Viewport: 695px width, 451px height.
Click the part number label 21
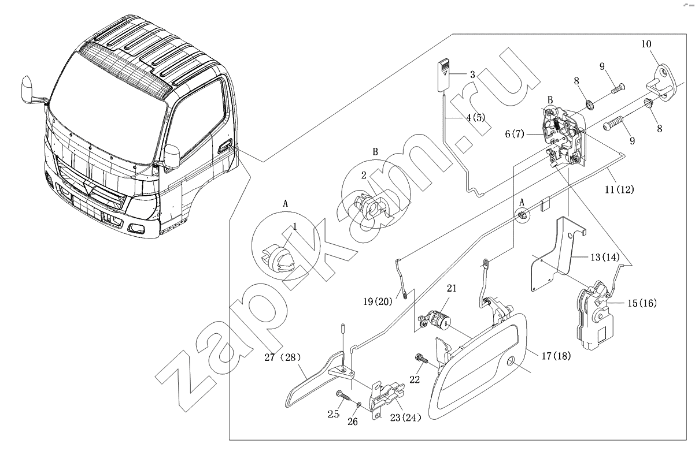point(452,287)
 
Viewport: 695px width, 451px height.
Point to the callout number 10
point(646,44)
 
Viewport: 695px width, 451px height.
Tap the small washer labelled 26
point(359,405)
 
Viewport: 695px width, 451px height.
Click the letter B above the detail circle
point(375,152)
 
